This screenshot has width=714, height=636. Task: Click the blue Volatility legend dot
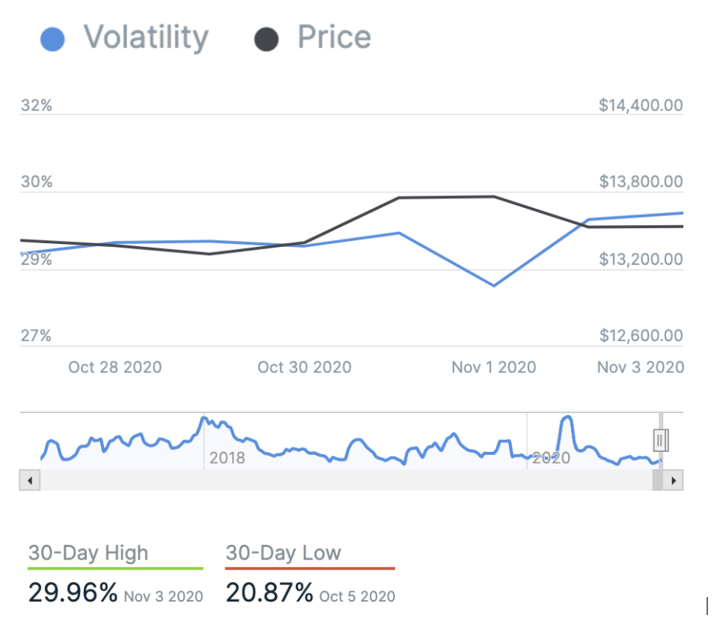tap(52, 40)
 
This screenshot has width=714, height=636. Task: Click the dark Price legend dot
tap(266, 40)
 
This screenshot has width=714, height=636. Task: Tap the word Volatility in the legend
tap(145, 37)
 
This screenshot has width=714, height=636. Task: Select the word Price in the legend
tap(334, 37)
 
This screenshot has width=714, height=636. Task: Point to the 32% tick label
tap(37, 106)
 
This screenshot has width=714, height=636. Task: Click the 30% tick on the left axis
tap(37, 182)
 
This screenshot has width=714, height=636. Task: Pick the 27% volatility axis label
tap(37, 336)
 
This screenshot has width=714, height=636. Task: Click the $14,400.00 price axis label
tap(641, 106)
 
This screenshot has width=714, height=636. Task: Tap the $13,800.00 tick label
tap(641, 182)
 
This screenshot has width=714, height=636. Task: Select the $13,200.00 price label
tap(641, 260)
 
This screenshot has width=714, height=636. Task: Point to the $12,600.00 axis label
tap(641, 336)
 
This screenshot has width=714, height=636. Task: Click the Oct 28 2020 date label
tap(115, 367)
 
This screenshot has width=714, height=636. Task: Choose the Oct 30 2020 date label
tap(304, 367)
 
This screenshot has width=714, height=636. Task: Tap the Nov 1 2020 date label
tap(493, 367)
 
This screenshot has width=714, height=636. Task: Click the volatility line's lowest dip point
tap(494, 286)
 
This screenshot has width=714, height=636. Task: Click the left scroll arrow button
tap(29, 480)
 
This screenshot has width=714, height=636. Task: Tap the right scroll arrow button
tap(674, 480)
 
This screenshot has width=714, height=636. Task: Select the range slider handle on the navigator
tap(660, 441)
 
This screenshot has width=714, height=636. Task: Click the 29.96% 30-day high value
tap(73, 593)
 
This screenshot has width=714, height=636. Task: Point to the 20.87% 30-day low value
tap(269, 593)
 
